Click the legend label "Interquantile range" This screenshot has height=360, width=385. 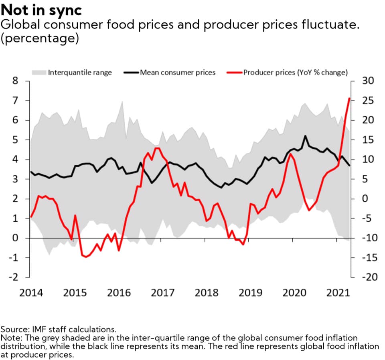[80, 73]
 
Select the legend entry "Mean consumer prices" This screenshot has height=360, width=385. [178, 73]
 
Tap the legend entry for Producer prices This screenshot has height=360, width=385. [295, 73]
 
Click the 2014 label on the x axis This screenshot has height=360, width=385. [31, 293]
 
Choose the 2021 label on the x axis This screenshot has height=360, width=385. [337, 293]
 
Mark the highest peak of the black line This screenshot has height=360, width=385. [305, 136]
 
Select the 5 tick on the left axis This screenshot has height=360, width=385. [15, 140]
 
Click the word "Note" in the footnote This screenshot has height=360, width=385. [10, 338]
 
